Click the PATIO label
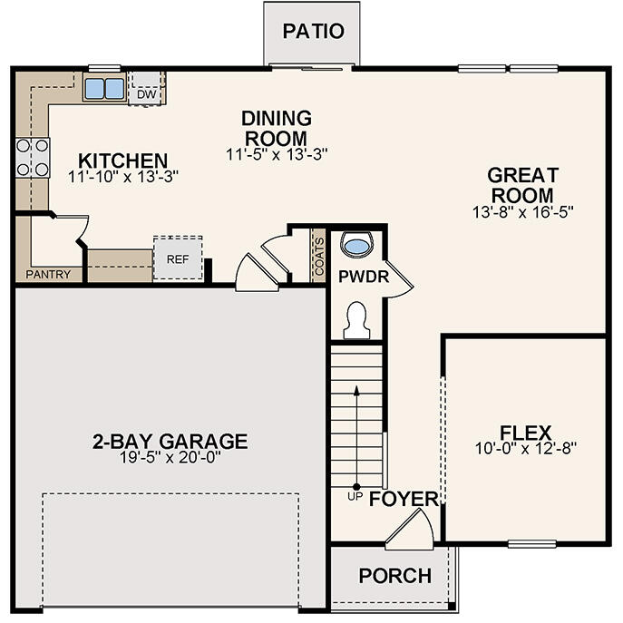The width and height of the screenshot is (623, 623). pyautogui.click(x=313, y=31)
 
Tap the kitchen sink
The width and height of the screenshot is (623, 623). pyautogui.click(x=104, y=88)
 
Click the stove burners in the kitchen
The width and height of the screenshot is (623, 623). pyautogui.click(x=32, y=157)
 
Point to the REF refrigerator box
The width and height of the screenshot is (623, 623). pyautogui.click(x=177, y=258)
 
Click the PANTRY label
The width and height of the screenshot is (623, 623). pyautogui.click(x=48, y=274)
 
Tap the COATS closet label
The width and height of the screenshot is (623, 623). pyautogui.click(x=318, y=255)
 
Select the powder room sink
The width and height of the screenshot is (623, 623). pyautogui.click(x=358, y=245)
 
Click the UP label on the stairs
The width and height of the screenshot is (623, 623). pyautogui.click(x=355, y=496)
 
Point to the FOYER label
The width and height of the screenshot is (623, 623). pyautogui.click(x=404, y=500)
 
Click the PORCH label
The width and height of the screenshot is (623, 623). pyautogui.click(x=394, y=576)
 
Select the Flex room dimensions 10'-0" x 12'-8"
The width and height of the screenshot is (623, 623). pyautogui.click(x=525, y=447)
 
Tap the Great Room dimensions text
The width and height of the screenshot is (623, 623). pyautogui.click(x=522, y=210)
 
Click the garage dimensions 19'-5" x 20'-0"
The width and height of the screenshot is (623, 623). pyautogui.click(x=169, y=457)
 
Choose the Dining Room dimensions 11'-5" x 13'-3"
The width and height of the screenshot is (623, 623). pyautogui.click(x=276, y=154)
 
